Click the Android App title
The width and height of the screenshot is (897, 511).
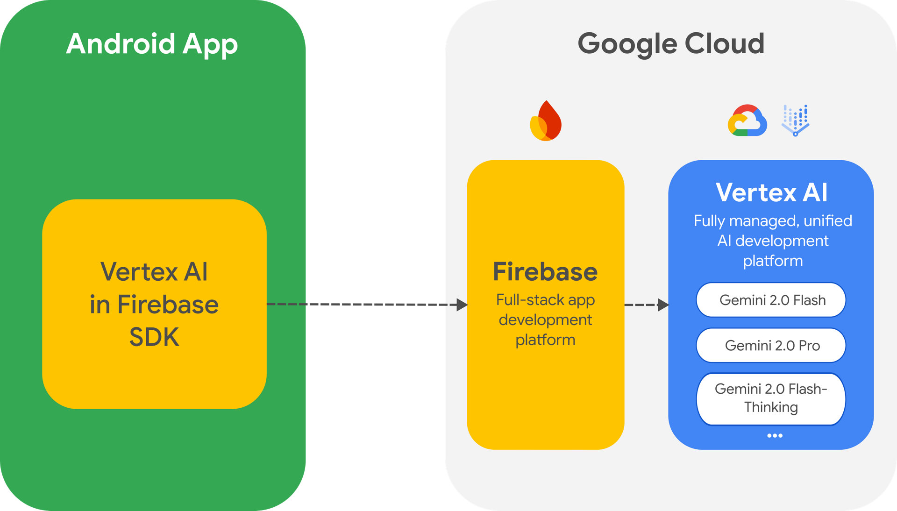[x=152, y=44]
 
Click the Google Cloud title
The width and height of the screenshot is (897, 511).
[x=671, y=44]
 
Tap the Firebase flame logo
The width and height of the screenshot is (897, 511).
[x=546, y=121]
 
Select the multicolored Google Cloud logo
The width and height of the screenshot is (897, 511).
[x=747, y=121]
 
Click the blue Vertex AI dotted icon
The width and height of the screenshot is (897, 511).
[x=796, y=121]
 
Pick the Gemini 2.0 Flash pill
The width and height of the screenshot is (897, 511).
[x=771, y=300]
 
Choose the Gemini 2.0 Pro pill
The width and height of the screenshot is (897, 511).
[x=771, y=345]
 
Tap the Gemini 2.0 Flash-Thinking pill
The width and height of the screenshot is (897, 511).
[x=771, y=398]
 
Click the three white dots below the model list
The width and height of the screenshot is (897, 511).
[x=775, y=435]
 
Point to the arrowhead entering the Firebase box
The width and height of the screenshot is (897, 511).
[x=462, y=305]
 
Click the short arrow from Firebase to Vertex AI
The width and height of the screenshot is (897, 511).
[x=647, y=305]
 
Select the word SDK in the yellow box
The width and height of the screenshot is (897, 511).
[x=154, y=337]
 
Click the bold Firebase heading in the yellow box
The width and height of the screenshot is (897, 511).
[x=545, y=272]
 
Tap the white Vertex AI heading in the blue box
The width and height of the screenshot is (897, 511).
[x=771, y=192]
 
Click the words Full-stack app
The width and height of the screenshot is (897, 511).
[x=545, y=300]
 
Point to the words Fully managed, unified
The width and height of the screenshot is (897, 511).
[x=773, y=220]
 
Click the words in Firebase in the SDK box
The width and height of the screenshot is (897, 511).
[x=154, y=305]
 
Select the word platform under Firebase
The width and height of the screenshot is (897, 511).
[x=545, y=340]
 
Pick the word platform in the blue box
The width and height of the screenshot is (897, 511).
[x=773, y=261]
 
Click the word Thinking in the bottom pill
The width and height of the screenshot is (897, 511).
[x=771, y=407]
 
